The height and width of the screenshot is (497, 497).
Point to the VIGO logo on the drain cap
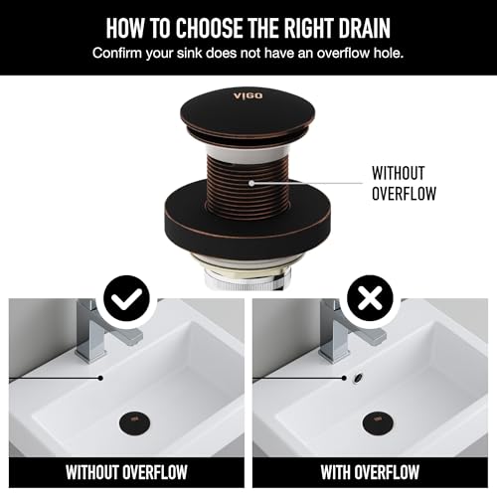pos(248,96)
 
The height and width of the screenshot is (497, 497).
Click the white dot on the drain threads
pos(251,183)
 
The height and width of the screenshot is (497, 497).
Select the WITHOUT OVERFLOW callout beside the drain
pos(404,184)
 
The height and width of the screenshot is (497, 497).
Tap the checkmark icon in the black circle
pos(126,298)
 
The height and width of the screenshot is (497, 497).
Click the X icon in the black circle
pos(370,298)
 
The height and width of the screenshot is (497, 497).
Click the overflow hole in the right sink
pos(359,378)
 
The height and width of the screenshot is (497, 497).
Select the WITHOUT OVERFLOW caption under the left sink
pos(126,472)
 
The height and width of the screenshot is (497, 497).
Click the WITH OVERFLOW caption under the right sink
pos(370,472)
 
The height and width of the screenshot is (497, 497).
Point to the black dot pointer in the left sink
pos(101,378)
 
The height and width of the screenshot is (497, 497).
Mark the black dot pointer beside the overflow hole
pos(345,378)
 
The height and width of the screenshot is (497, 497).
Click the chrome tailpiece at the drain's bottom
pos(247,279)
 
